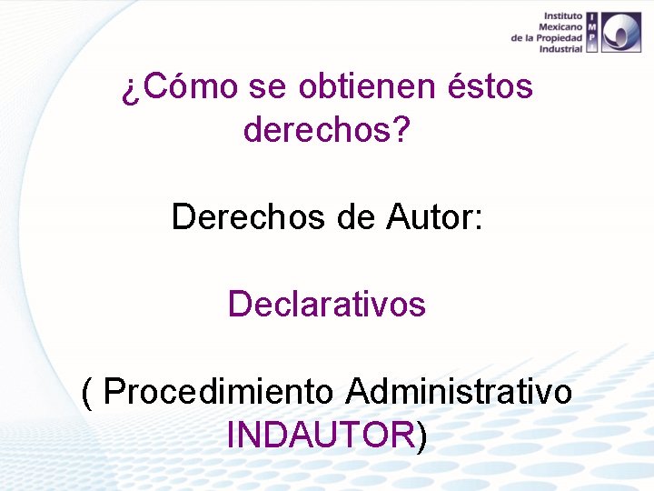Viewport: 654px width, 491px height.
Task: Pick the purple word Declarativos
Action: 327,304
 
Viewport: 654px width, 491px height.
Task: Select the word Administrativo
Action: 459,392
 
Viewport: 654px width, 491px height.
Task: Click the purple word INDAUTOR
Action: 321,436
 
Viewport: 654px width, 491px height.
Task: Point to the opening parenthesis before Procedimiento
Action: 86,392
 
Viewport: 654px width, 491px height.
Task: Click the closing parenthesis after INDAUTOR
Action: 421,436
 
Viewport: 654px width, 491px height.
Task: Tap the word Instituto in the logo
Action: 563,16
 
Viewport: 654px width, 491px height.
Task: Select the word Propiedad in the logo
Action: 560,38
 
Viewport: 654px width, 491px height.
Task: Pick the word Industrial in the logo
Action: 560,49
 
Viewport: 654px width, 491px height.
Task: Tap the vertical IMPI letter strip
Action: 591,32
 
